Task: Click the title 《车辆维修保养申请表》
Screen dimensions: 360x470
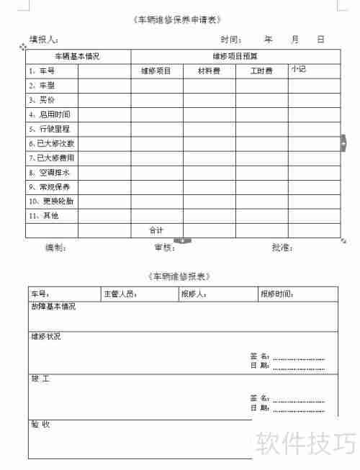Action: pyautogui.click(x=178, y=19)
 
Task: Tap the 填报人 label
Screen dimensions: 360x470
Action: pyautogui.click(x=45, y=40)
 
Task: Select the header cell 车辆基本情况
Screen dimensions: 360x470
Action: pyautogui.click(x=78, y=56)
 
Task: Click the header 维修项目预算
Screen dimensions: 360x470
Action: pyautogui.click(x=235, y=56)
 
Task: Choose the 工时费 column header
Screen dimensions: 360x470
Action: pyautogui.click(x=261, y=71)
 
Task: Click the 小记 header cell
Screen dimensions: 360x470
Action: pyautogui.click(x=299, y=69)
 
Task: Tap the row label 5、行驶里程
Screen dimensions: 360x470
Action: pyautogui.click(x=50, y=129)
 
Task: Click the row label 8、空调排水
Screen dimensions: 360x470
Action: pyautogui.click(x=50, y=173)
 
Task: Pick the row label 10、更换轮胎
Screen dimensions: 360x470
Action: pyautogui.click(x=51, y=202)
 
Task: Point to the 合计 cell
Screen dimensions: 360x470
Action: pyautogui.click(x=156, y=230)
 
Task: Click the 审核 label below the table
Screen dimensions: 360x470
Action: pyautogui.click(x=165, y=248)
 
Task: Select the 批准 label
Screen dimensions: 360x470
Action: pyautogui.click(x=282, y=248)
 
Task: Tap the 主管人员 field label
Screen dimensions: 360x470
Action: pyautogui.click(x=120, y=294)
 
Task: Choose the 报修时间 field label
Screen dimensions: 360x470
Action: pyautogui.click(x=277, y=294)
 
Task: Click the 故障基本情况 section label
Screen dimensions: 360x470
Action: pyautogui.click(x=53, y=307)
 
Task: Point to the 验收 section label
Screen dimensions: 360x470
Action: pyautogui.click(x=40, y=424)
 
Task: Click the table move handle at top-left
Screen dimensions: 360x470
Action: pyautogui.click(x=23, y=47)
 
